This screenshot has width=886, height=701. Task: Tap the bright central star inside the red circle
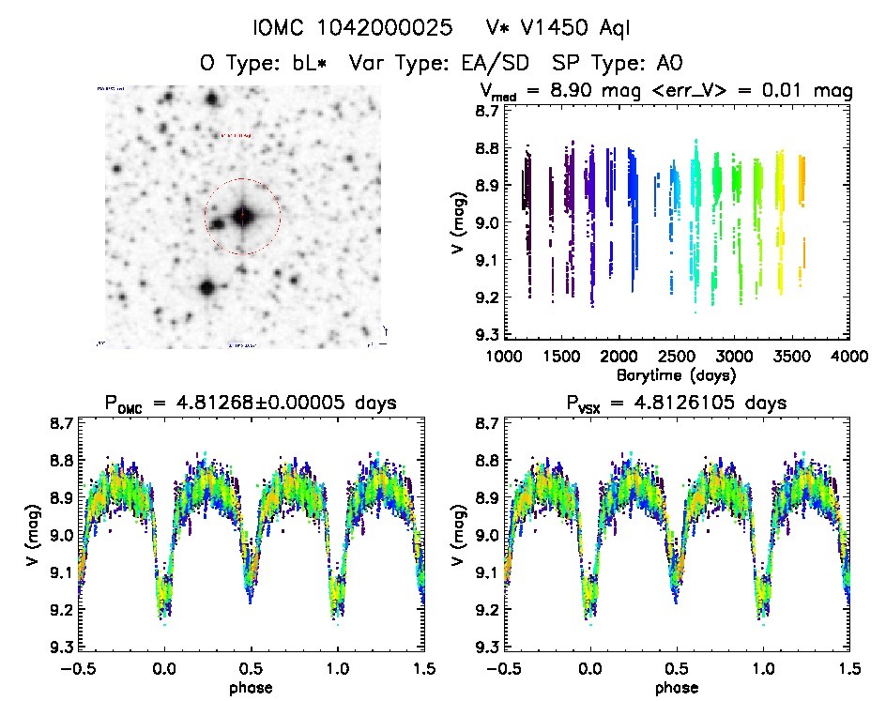[x=243, y=216]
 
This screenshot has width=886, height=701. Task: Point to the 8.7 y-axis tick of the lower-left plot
[x=58, y=424]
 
